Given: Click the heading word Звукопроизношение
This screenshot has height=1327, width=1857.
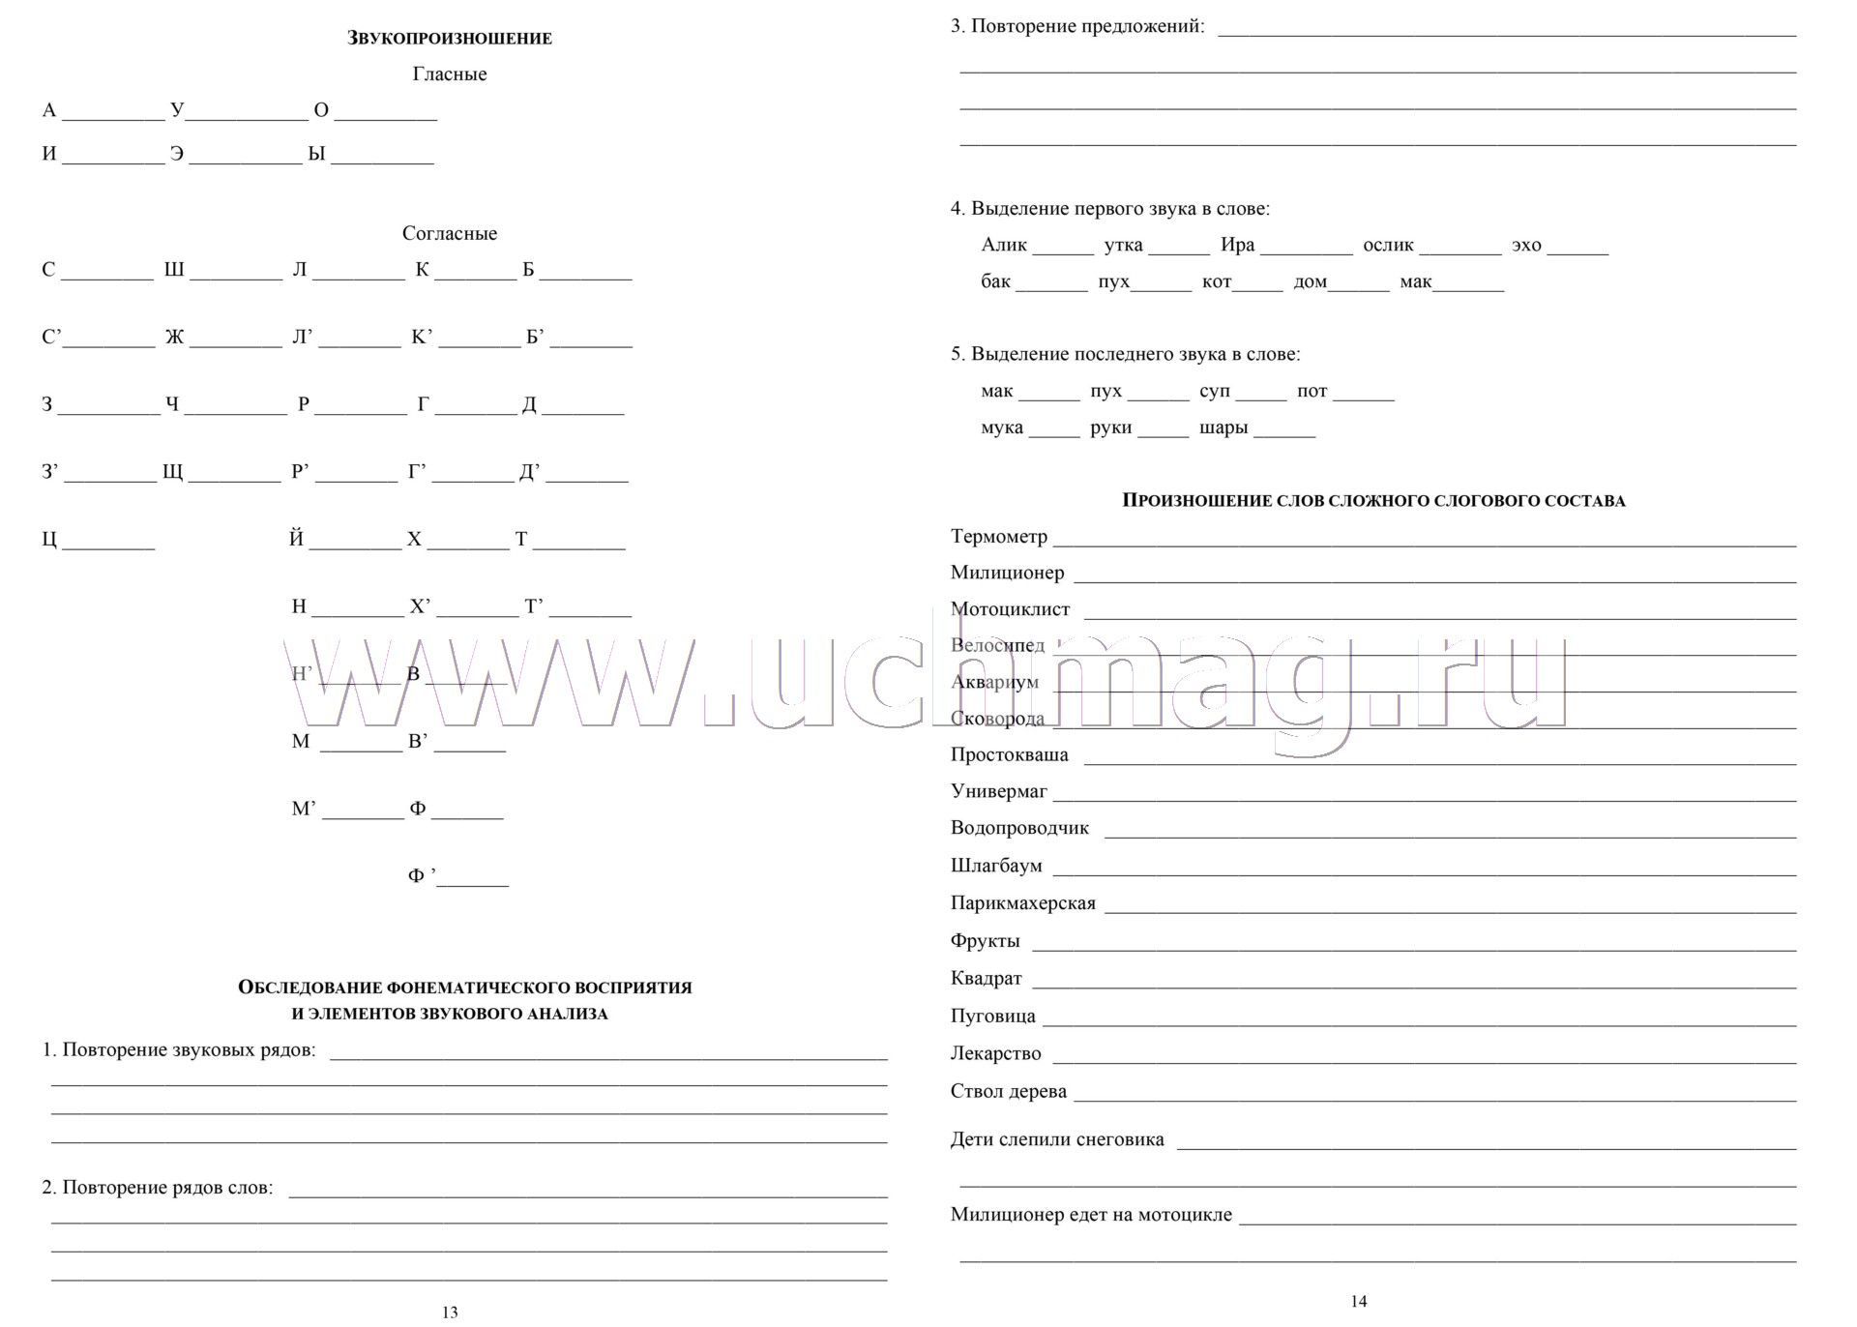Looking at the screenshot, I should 450,39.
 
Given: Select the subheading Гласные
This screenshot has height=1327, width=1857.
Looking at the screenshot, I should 450,74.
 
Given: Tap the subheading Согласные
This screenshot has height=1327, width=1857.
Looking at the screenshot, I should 450,234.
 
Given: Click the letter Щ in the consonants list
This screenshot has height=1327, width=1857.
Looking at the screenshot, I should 172,472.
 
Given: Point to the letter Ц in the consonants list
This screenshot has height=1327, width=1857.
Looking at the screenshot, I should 49,540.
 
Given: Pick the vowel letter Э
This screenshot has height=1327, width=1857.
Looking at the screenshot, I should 177,155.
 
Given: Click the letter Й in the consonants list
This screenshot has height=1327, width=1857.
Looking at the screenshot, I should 296,540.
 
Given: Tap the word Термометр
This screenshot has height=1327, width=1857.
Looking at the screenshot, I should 998,537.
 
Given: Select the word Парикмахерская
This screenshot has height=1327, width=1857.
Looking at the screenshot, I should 1022,903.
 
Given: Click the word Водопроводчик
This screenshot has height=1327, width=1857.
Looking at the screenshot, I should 1019,829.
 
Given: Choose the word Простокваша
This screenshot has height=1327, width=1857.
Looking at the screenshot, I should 1009,755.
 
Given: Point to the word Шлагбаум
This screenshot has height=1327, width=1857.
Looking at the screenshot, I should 996,867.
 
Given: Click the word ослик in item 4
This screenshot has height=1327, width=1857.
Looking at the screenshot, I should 1388,246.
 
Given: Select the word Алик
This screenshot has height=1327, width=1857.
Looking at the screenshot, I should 1004,246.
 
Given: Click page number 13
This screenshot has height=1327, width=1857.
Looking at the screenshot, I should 450,1312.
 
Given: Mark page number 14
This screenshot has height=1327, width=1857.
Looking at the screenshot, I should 1359,1302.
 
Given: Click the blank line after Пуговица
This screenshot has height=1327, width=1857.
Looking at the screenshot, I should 1418,1023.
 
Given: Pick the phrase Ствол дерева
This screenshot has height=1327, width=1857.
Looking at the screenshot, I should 1009,1092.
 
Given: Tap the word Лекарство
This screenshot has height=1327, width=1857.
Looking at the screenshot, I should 995,1054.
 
